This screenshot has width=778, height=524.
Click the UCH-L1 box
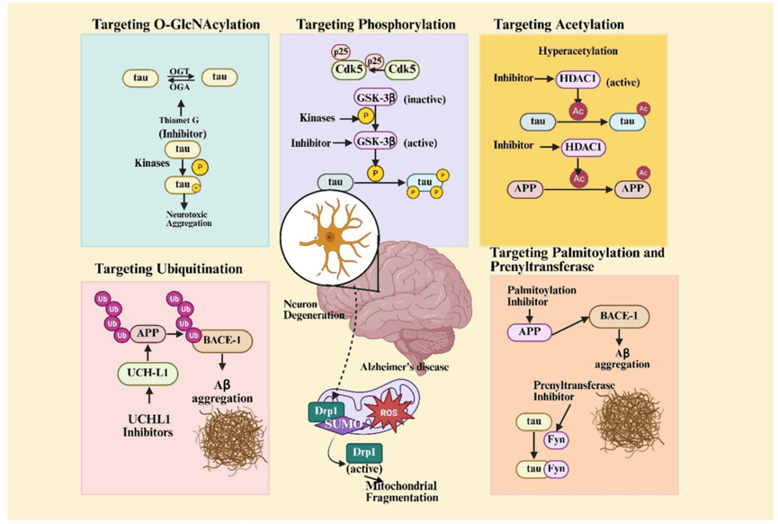click(x=148, y=374)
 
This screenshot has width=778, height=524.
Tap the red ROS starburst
click(x=389, y=411)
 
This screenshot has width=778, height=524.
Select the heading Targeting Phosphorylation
click(x=376, y=24)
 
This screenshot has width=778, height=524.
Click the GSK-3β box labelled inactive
click(x=376, y=98)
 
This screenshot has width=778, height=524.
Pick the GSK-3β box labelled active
click(x=376, y=141)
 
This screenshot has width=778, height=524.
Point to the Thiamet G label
click(x=179, y=121)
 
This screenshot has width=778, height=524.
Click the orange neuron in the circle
click(x=332, y=237)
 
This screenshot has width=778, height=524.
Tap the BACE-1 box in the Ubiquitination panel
click(x=222, y=340)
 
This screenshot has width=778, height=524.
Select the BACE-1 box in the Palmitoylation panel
click(x=619, y=316)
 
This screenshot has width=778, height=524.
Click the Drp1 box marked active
click(x=364, y=453)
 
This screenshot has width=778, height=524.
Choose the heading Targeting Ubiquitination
click(x=169, y=268)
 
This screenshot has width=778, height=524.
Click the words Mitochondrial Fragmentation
click(x=402, y=492)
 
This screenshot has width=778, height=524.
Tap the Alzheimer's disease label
click(x=405, y=367)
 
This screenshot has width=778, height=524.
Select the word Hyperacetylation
click(x=578, y=50)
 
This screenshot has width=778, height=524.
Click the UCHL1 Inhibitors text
click(x=148, y=426)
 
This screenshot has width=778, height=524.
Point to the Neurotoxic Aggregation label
click(x=188, y=219)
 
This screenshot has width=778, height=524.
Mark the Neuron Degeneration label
click(x=314, y=310)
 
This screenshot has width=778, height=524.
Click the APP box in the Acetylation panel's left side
click(x=525, y=189)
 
